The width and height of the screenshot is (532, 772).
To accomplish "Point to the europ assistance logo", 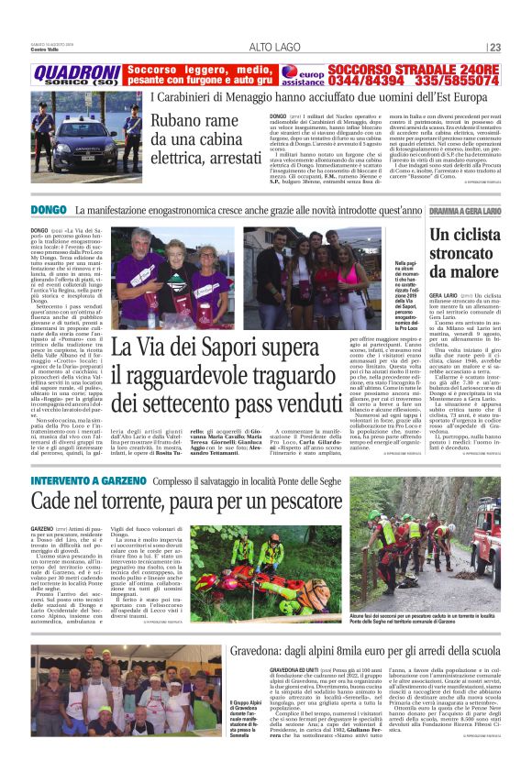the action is click(x=303, y=73).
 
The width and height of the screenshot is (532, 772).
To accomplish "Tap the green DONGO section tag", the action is click(x=48, y=212).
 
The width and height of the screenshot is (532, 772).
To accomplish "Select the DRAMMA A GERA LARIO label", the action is click(x=465, y=212).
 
